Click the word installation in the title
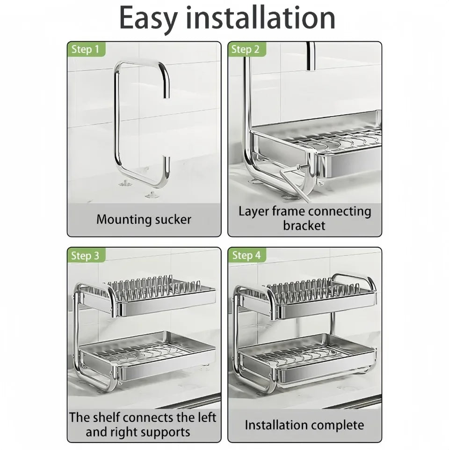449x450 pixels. pos(261,17)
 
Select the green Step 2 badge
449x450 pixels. pos(246,49)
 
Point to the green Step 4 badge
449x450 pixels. pos(246,255)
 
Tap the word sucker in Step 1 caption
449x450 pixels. pos(173,220)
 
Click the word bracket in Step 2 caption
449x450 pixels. pos(304,225)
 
